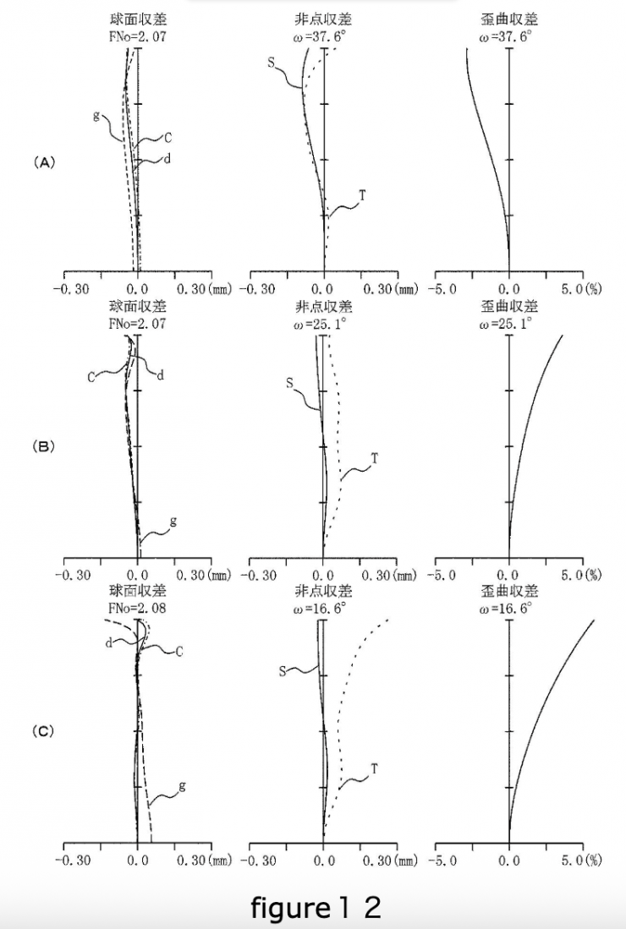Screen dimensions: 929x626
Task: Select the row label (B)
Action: [x=43, y=446]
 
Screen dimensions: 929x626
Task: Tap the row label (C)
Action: [x=43, y=731]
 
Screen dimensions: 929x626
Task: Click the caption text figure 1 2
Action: [x=316, y=908]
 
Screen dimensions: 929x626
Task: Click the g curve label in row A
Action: [x=97, y=115]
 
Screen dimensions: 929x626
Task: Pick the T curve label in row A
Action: [x=362, y=195]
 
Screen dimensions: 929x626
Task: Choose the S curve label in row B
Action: [x=289, y=384]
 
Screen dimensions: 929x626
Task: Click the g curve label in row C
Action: [x=181, y=786]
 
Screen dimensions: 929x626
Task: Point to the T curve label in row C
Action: [x=374, y=768]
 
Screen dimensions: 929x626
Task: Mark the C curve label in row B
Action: [x=91, y=377]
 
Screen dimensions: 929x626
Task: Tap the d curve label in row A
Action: [x=167, y=158]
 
